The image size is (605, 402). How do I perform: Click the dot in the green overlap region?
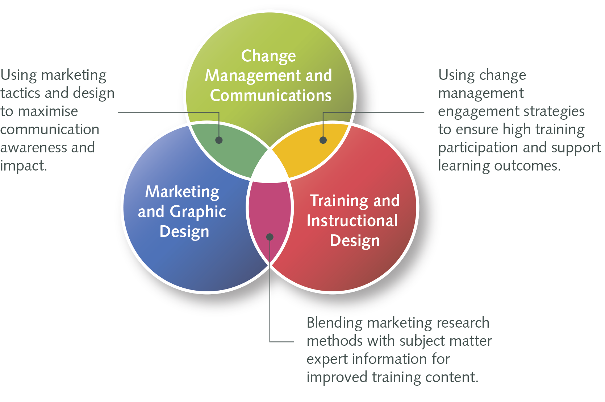click(x=219, y=140)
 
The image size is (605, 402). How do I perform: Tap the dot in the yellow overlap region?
click(x=323, y=140)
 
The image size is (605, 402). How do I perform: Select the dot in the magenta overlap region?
click(x=270, y=237)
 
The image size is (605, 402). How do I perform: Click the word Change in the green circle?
click(x=268, y=57)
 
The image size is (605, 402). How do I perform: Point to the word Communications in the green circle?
click(x=271, y=95)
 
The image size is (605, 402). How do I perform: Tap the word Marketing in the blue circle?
click(x=182, y=192)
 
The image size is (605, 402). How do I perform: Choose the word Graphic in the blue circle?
click(x=198, y=212)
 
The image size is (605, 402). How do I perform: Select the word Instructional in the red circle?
click(x=352, y=221)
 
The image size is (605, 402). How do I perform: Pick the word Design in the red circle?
click(x=355, y=241)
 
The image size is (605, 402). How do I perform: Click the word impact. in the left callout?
click(x=24, y=166)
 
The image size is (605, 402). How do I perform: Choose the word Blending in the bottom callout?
click(x=334, y=323)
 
